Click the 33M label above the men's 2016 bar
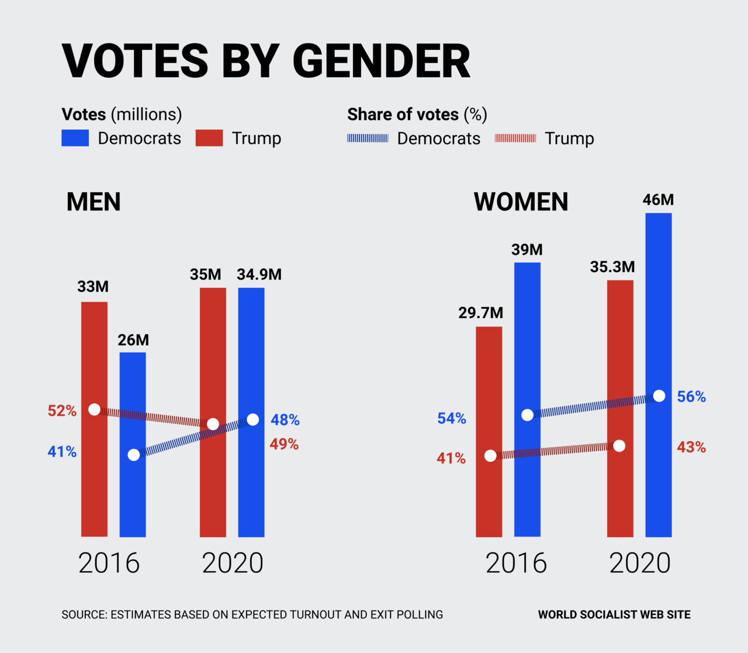point(93,286)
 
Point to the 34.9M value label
point(259,274)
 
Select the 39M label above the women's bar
point(527,250)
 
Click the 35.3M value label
point(612,267)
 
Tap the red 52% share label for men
point(62,411)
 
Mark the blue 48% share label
point(285,420)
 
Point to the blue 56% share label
point(691,397)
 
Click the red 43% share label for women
point(691,447)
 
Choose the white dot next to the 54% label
point(527,414)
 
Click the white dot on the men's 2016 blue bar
point(134,455)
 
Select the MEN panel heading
point(93,202)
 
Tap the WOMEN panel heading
point(521,202)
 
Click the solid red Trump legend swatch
point(209,138)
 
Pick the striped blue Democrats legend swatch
point(368,138)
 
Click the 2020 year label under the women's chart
point(640,563)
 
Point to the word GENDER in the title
point(381,61)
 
